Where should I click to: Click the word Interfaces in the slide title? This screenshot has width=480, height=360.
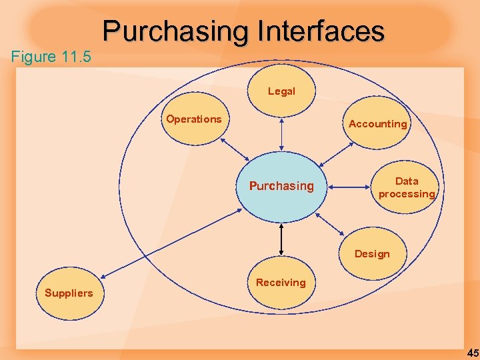pyautogui.click(x=320, y=31)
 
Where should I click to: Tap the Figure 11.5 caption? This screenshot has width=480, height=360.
pyautogui.click(x=51, y=57)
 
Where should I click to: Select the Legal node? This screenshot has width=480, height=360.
pyautogui.click(x=281, y=91)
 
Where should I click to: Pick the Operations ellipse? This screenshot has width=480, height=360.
pyautogui.click(x=194, y=120)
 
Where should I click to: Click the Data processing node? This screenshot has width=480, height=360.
pyautogui.click(x=406, y=187)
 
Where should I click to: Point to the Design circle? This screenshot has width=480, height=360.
pyautogui.click(x=372, y=253)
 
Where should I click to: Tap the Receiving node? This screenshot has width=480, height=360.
pyautogui.click(x=281, y=283)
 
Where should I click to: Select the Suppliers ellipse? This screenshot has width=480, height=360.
pyautogui.click(x=69, y=293)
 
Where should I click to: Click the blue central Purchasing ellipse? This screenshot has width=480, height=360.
pyautogui.click(x=281, y=187)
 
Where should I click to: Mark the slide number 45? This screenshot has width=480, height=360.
pyautogui.click(x=472, y=352)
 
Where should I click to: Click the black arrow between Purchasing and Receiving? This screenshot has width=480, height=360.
pyautogui.click(x=282, y=239)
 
